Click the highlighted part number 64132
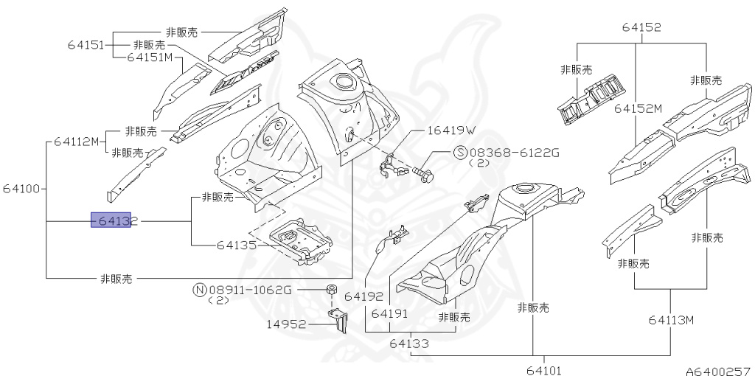tap(111, 220)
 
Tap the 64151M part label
tap(150, 57)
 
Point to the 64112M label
tap(76, 142)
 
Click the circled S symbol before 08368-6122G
tap(459, 153)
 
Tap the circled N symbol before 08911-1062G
tap(198, 290)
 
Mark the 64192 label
tap(364, 296)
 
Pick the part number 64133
tap(409, 343)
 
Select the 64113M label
tap(672, 320)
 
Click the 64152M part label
tap(638, 108)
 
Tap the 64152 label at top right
tap(641, 27)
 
